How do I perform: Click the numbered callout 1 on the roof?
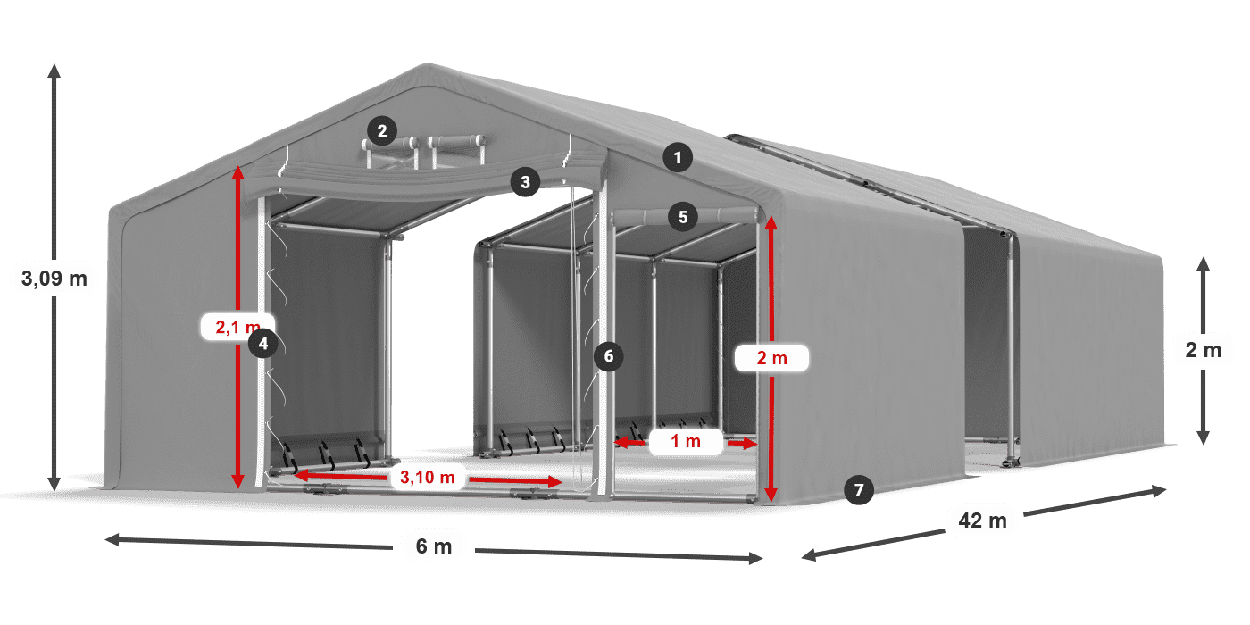pos(678,159)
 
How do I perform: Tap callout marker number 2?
pos(381,132)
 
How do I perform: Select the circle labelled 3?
pos(525,182)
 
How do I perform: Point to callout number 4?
pos(262,342)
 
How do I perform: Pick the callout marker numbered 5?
pos(683,216)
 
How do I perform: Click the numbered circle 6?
pos(609,356)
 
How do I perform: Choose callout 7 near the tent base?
pos(858,489)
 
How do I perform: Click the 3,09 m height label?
pos(54,279)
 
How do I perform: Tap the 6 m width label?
pos(434,546)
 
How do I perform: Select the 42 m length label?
pos(982,520)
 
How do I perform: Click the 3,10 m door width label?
pos(428,478)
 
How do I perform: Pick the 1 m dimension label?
pos(686,441)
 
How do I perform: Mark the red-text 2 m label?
pos(771,359)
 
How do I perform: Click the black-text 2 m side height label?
pos(1203,350)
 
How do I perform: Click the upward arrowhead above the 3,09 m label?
pos(54,69)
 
